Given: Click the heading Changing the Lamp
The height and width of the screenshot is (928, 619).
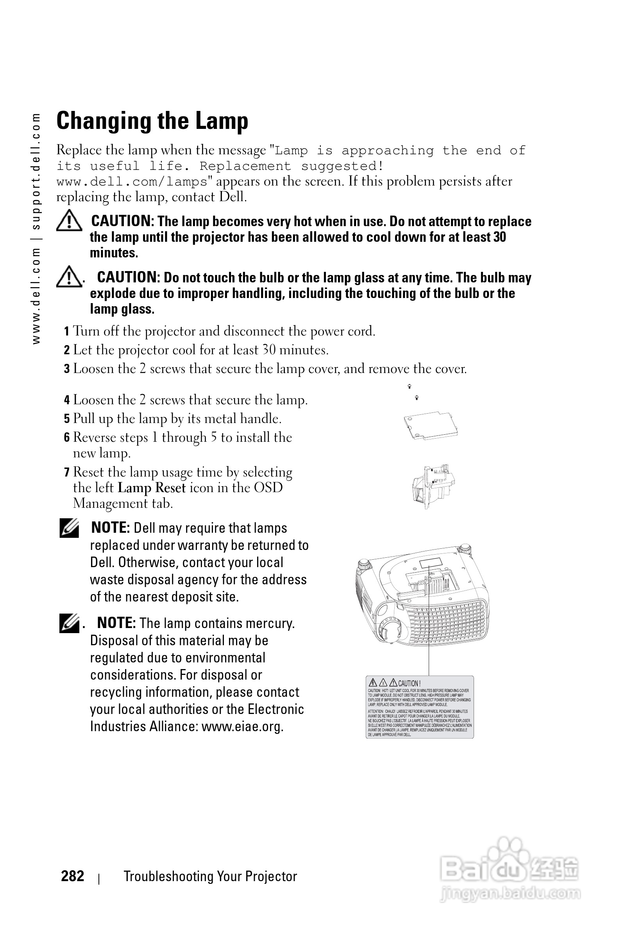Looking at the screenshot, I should coord(152,121).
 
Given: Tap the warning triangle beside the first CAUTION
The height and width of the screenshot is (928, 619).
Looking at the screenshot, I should coord(69,221).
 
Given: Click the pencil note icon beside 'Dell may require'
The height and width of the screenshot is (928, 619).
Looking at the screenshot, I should coord(69,529).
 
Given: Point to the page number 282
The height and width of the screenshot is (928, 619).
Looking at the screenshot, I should coord(72,876).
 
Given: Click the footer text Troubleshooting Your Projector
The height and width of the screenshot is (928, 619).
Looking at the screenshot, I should coord(210,876).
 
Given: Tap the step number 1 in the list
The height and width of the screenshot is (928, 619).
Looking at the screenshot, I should coord(67,331).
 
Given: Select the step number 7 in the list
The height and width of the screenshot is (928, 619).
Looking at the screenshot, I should coord(67,472).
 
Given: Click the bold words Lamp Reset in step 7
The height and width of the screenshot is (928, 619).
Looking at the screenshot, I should coord(152,488).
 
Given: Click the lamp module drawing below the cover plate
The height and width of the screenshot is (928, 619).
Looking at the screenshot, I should coord(432,486).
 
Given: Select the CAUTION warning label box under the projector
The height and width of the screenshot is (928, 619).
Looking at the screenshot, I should coord(420,707).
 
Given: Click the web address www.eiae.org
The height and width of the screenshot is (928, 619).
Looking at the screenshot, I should coord(242,726).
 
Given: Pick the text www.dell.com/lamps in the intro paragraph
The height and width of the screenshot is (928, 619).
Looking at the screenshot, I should coord(132,182).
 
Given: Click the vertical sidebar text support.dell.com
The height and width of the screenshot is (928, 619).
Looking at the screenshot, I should coord(36,171).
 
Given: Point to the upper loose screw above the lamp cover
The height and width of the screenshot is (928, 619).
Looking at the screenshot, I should coord(410,386).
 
